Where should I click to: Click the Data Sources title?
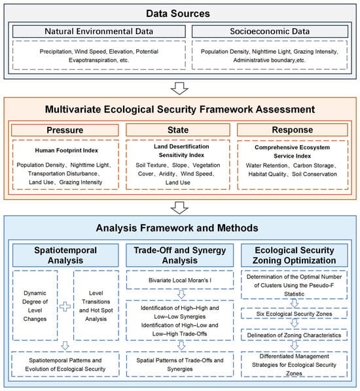point(178,14)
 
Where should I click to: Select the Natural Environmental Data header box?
point(99,31)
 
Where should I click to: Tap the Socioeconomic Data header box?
point(270,31)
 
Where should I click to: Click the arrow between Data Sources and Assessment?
point(179,88)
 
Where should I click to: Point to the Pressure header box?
point(65,130)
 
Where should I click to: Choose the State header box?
point(178,130)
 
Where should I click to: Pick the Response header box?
point(293,130)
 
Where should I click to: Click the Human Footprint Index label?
point(66,150)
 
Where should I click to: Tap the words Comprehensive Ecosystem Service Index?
point(292,152)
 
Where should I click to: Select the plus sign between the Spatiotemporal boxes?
point(65,307)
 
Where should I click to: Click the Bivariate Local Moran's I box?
point(180,280)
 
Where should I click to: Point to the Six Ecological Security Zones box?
point(294,314)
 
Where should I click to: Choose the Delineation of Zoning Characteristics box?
point(294,335)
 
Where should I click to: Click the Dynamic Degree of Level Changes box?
point(35,305)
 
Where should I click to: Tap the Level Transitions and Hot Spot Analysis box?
point(96,305)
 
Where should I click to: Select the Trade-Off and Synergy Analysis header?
point(180,256)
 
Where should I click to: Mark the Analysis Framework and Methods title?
point(177,228)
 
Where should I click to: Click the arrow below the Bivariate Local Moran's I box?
point(181,294)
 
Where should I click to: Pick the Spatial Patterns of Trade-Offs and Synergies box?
point(180,364)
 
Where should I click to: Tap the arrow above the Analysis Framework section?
point(179,208)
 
